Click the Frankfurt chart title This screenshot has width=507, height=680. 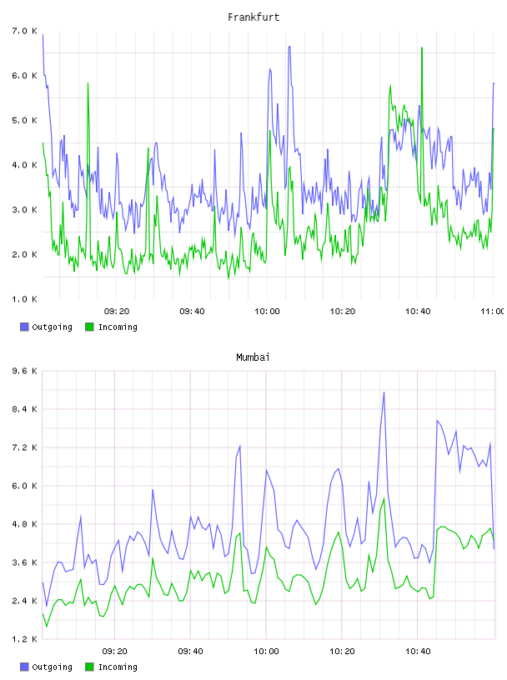point(254,17)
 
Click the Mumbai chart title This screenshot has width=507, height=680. point(253,357)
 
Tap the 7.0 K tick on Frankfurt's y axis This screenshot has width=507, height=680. point(25,31)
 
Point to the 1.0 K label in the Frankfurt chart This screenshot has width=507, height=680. point(25,299)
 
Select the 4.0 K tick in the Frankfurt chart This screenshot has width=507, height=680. point(25,165)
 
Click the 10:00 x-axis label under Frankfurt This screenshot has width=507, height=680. point(267,312)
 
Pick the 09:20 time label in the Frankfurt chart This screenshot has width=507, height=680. point(117,312)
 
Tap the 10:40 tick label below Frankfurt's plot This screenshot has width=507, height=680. point(418,312)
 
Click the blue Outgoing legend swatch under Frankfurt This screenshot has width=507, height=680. point(24,327)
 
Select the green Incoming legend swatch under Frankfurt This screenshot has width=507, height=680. point(89,327)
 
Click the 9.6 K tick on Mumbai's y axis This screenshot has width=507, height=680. point(25,371)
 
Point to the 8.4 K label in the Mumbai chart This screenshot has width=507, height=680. point(25,409)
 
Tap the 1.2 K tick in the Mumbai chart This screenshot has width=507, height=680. point(25,639)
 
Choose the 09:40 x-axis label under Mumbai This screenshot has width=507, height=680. point(191,652)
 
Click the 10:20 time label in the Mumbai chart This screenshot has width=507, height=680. point(342,652)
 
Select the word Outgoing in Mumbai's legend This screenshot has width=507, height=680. point(52,667)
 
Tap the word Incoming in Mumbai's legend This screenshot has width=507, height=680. point(118,667)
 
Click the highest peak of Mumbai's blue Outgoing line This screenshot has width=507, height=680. point(384,392)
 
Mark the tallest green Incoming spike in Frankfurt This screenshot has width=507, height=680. point(421,48)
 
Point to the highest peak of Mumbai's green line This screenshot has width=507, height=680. point(384,498)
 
